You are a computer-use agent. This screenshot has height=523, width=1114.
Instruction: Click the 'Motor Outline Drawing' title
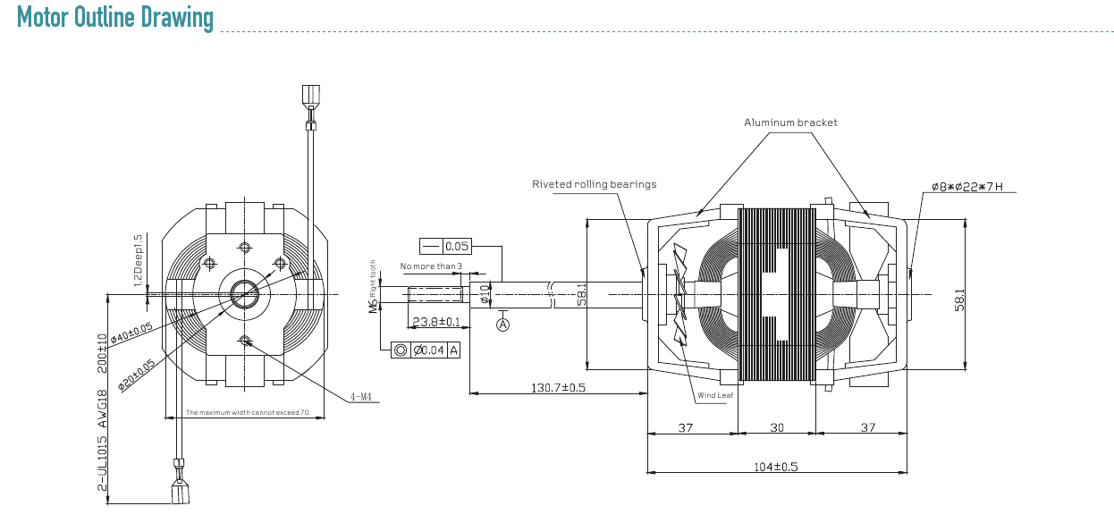114,18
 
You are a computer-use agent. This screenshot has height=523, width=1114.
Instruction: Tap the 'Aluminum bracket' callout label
790,122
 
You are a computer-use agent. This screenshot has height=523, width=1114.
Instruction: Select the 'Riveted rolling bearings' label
595,184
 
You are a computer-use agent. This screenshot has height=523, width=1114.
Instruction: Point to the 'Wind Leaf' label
715,395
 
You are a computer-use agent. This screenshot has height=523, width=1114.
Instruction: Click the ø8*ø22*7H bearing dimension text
967,187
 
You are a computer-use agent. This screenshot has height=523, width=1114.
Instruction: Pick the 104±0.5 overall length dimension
776,467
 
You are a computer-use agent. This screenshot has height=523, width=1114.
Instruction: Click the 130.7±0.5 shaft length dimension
559,387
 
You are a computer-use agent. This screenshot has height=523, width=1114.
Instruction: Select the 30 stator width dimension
777,427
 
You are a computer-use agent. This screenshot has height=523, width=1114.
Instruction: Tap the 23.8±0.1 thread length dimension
436,322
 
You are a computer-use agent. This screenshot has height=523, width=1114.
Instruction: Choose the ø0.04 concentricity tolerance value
428,350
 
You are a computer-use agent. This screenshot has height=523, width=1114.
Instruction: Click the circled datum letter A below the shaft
503,325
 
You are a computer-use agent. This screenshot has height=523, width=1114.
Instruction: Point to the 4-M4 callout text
360,397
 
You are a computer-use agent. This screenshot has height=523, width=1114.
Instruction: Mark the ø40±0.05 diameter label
131,333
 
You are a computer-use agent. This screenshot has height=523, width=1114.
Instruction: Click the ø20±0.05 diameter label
136,375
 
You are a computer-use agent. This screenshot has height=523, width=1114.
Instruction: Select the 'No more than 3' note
431,266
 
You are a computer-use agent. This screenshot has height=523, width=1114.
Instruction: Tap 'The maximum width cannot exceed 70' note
248,412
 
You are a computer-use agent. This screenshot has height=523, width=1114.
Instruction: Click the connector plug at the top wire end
311,96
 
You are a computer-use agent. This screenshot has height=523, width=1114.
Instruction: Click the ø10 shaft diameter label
485,294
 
